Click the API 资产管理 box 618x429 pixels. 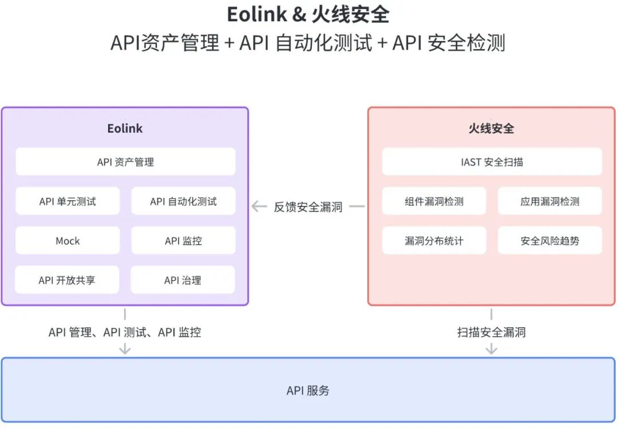[125, 162]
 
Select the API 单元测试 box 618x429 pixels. [68, 201]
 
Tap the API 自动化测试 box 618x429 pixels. [183, 201]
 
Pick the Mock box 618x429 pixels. [68, 241]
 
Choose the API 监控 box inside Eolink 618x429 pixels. [183, 241]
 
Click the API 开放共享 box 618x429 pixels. [67, 280]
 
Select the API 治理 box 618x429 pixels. [183, 280]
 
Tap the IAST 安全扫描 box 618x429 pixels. [492, 162]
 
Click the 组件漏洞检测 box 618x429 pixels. [434, 201]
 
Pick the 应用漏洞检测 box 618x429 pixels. [549, 201]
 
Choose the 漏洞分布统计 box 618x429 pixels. [434, 241]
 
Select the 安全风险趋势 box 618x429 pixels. [549, 241]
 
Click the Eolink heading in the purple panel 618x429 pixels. [125, 128]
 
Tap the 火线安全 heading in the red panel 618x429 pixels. [491, 128]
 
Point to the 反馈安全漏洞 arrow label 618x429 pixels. [308, 207]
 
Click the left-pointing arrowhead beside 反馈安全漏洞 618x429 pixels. [256, 206]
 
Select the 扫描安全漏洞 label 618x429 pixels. [491, 332]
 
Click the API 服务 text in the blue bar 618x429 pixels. [308, 391]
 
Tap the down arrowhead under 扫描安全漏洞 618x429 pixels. [491, 350]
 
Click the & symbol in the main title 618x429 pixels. [299, 15]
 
